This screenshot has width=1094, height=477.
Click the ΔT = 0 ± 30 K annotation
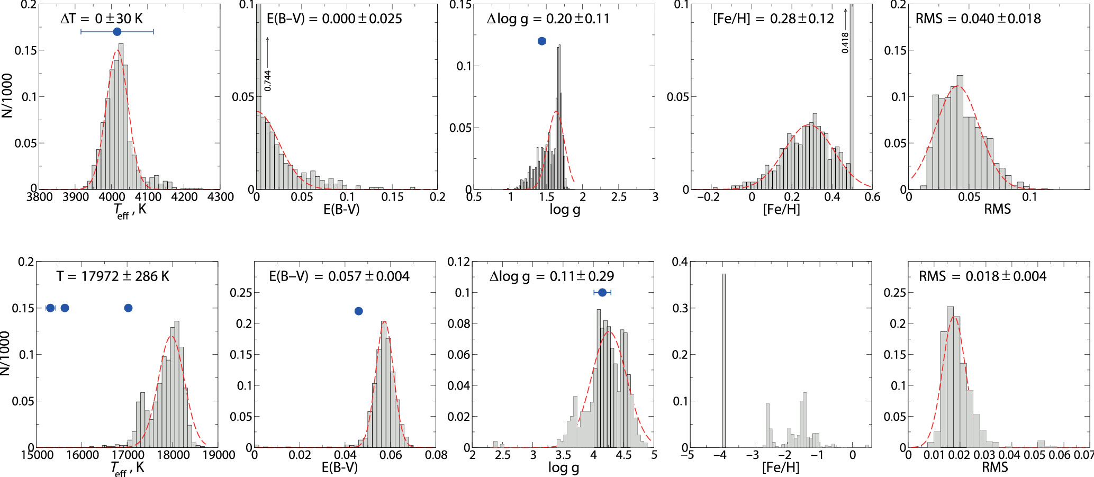coord(102,19)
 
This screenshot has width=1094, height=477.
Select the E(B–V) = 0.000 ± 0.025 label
coord(334,19)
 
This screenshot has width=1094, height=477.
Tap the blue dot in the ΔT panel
coord(117,32)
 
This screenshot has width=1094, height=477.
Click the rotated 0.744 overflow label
coord(268,80)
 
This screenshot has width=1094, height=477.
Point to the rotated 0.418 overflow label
coord(845,42)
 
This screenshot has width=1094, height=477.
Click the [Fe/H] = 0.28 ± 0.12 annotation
coord(773,19)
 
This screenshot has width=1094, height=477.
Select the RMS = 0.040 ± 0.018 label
coord(978,19)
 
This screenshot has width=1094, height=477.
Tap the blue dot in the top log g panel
coord(541,41)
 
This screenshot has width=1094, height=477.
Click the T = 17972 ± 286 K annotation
coord(113,276)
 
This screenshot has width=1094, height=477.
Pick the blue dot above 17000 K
coord(128,308)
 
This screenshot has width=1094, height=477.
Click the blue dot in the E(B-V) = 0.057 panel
coord(358,311)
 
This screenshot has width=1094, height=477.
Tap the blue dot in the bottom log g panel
coord(602,292)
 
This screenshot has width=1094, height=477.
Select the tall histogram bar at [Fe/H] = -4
coord(724,360)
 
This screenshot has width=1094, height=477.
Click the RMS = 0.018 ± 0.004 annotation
coord(982,276)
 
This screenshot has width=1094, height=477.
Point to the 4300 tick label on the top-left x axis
coord(220,197)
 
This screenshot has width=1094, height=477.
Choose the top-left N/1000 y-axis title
coord(7,96)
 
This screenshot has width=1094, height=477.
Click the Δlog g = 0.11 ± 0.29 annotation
coord(551,276)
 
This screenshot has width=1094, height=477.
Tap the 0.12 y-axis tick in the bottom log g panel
coord(458,262)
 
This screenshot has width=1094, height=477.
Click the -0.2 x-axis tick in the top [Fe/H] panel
coord(708,197)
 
